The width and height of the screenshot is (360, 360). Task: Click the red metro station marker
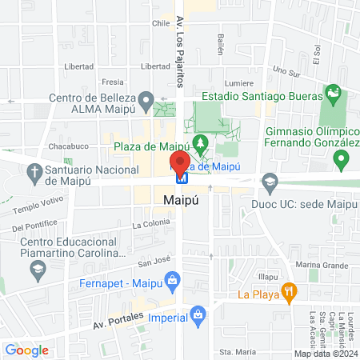(x=179, y=165)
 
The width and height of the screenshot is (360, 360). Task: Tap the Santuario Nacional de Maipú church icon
(x=34, y=170)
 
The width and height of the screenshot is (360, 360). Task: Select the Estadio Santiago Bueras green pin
(x=333, y=95)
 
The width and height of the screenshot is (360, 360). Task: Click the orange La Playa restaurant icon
(x=290, y=293)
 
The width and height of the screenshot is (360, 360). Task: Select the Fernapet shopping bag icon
(x=171, y=280)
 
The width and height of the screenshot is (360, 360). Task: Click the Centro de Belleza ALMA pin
(x=146, y=101)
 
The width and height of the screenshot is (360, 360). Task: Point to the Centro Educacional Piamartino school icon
(x=37, y=270)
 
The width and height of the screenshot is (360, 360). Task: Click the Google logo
(x=26, y=350)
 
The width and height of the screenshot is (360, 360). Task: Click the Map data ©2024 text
(x=324, y=353)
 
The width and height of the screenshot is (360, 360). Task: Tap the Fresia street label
(x=114, y=82)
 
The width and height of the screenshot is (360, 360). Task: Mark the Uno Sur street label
(x=285, y=70)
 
